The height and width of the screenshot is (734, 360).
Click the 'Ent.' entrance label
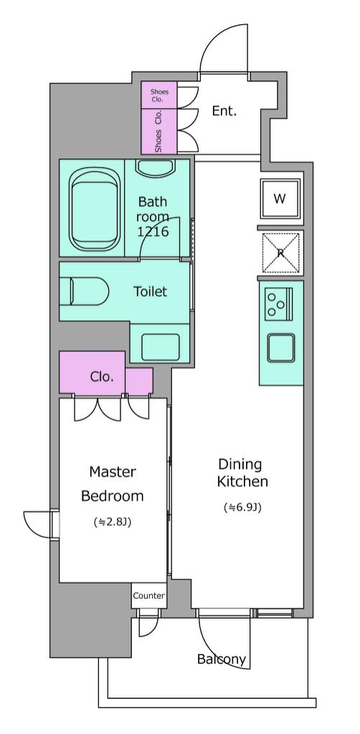[x=224, y=111]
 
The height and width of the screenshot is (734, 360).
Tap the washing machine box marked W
[x=280, y=199]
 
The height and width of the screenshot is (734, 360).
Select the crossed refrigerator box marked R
[x=280, y=253]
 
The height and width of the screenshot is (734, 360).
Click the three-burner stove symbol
[x=278, y=304]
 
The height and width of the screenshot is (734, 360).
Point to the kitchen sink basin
[x=281, y=348]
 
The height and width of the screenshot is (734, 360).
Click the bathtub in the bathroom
[x=95, y=209]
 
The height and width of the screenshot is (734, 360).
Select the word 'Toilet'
[x=151, y=292]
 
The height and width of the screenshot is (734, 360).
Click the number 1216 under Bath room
[x=153, y=232]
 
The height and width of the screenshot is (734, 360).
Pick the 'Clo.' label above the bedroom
[x=102, y=377]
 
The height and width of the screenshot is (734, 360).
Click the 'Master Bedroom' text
[x=113, y=484]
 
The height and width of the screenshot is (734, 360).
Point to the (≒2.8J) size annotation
[x=113, y=522]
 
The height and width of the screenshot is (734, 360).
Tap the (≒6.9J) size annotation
[x=242, y=507]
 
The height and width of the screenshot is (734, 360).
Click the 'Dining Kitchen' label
[x=242, y=473]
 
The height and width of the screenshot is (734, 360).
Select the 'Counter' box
[x=148, y=596]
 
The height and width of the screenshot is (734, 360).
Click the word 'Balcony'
[x=222, y=659]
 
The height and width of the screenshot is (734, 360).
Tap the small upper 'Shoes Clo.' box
[x=159, y=95]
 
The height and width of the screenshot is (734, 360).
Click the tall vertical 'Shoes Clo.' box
[x=159, y=132]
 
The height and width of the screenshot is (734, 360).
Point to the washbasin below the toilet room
[x=160, y=348]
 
